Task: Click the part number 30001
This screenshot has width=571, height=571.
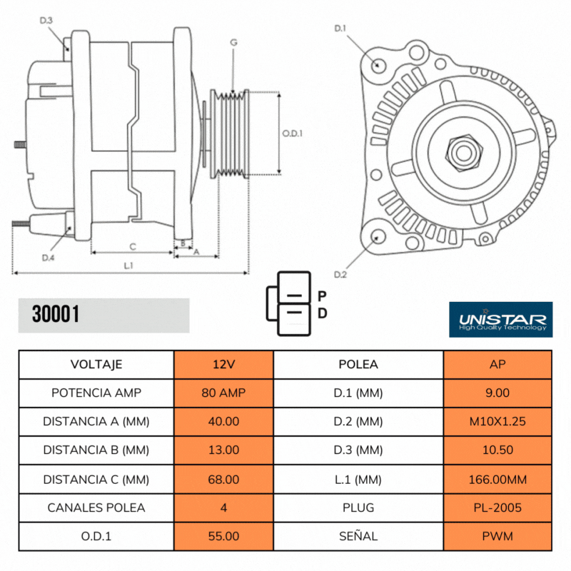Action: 56,314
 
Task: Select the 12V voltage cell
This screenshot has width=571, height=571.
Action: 223,364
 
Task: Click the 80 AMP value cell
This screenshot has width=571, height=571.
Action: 223,393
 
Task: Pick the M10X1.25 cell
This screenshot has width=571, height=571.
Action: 497,421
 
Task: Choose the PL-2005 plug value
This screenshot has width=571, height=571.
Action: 497,507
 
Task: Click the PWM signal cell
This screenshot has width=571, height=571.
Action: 497,536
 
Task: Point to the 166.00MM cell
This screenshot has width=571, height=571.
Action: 497,479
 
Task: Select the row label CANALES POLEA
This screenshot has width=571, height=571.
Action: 96,507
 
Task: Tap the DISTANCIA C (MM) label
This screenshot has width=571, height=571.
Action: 96,479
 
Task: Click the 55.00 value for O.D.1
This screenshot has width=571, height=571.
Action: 223,536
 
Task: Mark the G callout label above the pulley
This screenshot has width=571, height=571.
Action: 233,44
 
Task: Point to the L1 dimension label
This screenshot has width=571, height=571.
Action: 129,265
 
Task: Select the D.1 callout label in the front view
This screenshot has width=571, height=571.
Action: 340,29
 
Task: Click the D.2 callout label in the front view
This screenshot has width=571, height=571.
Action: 340,275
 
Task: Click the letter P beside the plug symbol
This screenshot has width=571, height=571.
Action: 322,295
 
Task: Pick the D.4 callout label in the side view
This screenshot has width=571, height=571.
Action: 47,257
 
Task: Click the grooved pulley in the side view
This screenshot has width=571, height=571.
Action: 228,133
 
